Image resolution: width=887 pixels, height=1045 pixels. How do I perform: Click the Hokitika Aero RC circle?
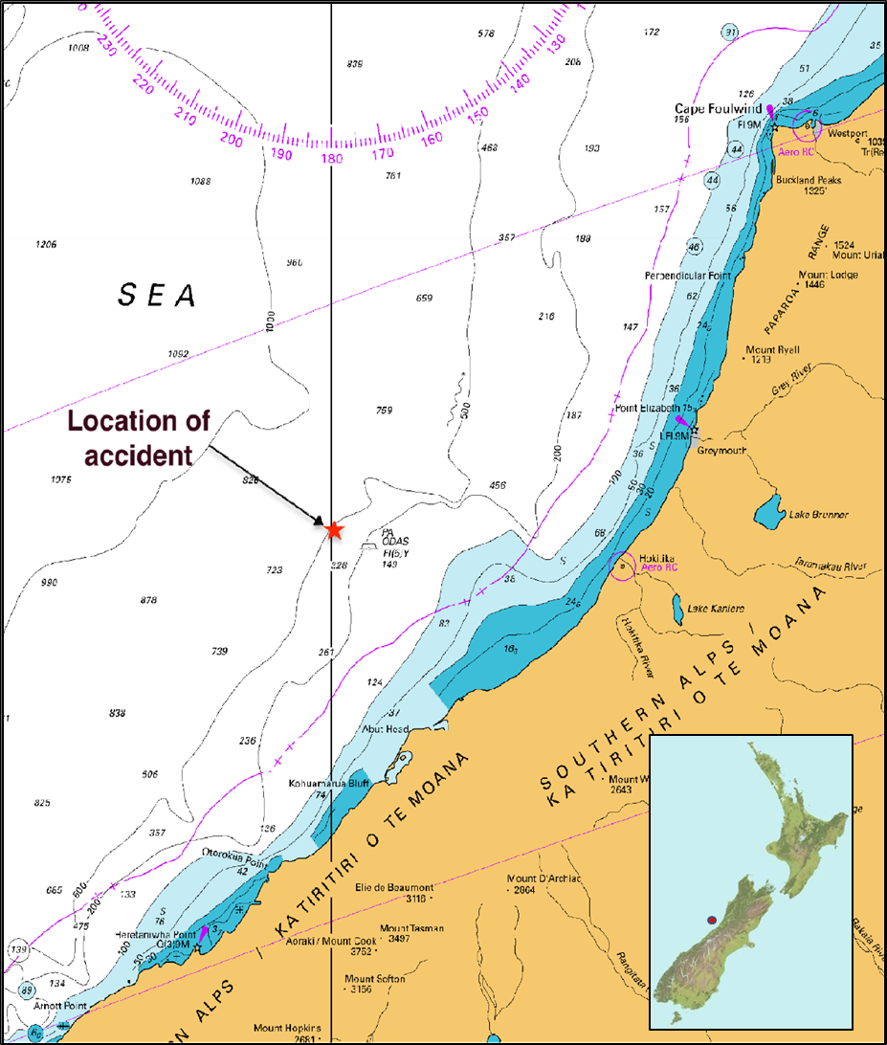(622, 567)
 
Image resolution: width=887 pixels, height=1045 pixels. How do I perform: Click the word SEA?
(158, 296)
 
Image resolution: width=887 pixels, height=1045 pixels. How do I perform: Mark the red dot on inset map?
(711, 920)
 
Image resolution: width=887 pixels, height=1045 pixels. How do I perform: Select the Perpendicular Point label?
(687, 276)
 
